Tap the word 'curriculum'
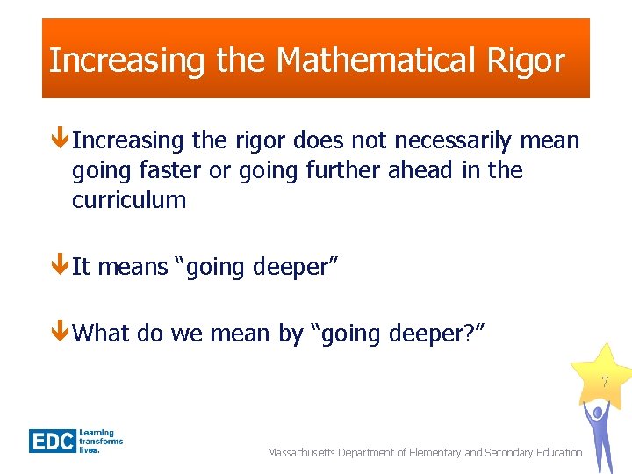click(129, 200)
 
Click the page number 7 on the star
click(604, 383)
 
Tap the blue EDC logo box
click(53, 440)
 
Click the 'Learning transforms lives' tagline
click(101, 441)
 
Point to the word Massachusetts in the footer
click(306, 452)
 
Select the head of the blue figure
click(599, 412)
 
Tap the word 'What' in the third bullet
click(100, 333)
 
